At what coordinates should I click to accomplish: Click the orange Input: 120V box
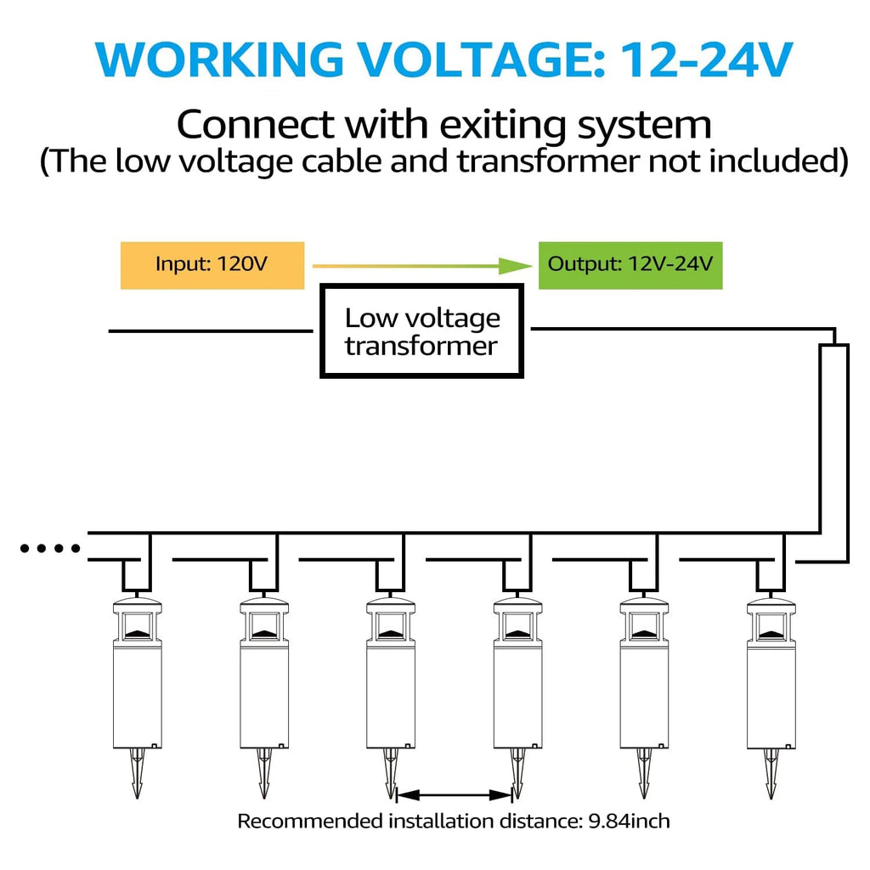pos(212,264)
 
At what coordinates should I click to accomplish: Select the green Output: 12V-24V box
pos(630,264)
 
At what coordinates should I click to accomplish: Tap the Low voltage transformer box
pos(422,332)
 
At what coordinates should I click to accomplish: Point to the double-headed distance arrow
pos(455,795)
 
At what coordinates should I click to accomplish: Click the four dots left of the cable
pos(49,549)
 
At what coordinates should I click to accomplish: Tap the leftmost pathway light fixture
pos(136,680)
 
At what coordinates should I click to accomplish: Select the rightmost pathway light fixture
pos(771,680)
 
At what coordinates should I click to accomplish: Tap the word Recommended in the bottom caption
pos(309,822)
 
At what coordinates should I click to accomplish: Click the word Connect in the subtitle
pos(255,125)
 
